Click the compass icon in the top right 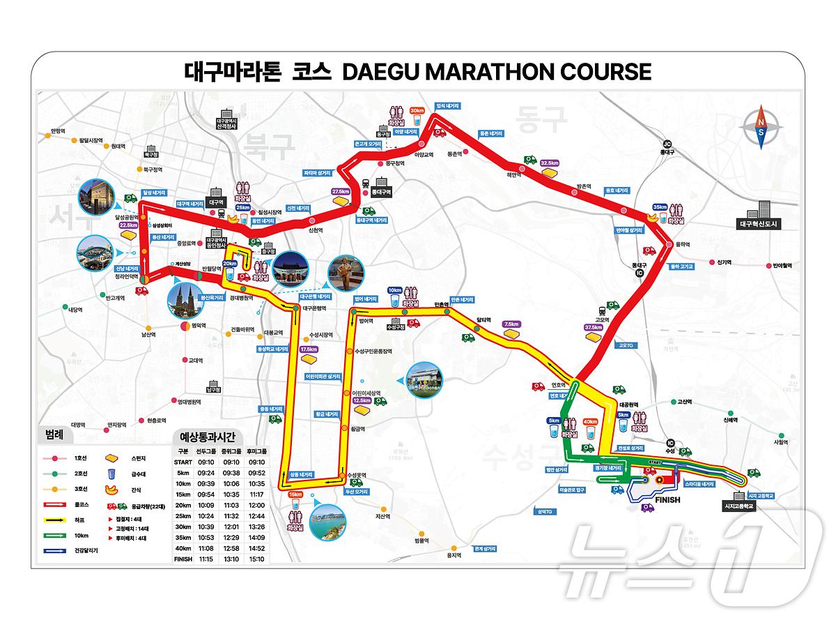[x=761, y=127]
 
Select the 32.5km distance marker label [x=550, y=162]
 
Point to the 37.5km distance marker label [x=594, y=327]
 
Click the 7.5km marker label [x=511, y=324]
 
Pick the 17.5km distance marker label [x=308, y=349]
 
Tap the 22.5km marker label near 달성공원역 [x=129, y=225]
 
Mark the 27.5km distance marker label [x=341, y=191]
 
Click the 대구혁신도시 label [x=760, y=225]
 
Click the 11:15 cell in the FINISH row [x=206, y=559]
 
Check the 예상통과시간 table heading [x=208, y=437]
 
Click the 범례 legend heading [x=54, y=434]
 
